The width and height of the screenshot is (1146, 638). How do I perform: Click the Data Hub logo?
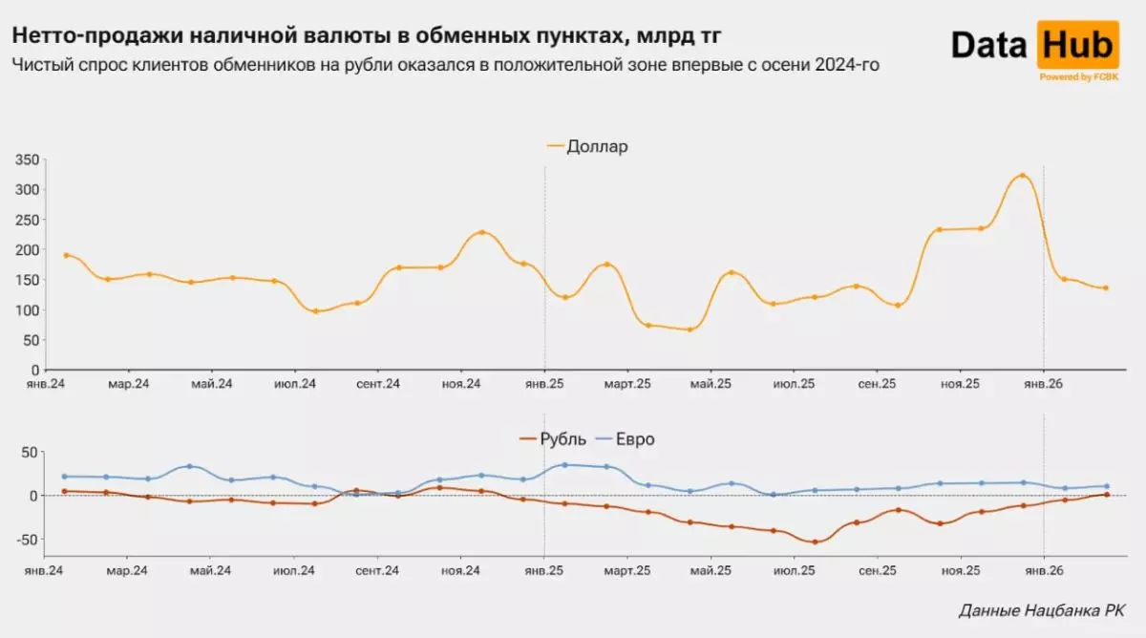(1035, 45)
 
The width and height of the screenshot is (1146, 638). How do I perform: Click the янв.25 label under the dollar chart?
(544, 384)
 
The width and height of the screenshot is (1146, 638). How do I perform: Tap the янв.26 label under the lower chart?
(1043, 570)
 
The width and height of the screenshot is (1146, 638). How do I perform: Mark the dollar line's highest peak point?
(1022, 176)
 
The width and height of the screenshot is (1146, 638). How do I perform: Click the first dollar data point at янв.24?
(66, 255)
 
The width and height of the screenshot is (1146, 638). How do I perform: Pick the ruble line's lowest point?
(815, 542)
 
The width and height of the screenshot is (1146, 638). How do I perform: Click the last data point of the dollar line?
(1106, 287)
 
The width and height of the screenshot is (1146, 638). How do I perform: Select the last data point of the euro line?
(1106, 486)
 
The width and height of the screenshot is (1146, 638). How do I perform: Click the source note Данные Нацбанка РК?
(1041, 610)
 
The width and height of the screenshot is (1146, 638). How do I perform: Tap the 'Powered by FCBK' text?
(1079, 77)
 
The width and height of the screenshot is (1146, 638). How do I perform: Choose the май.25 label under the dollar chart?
(711, 384)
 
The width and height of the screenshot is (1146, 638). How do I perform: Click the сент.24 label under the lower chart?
(378, 570)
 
